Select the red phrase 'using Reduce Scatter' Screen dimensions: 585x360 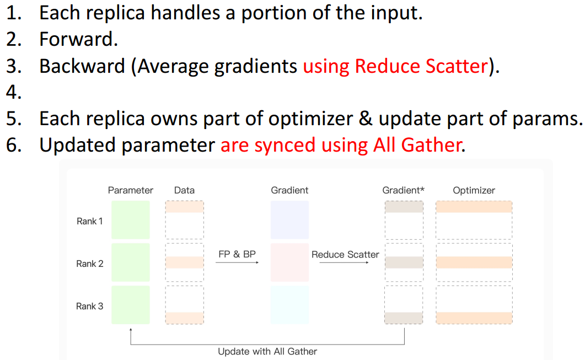pos(395,66)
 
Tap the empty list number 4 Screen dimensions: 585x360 pos(14,92)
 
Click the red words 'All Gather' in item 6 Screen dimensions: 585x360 pos(417,145)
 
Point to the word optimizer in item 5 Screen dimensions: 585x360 pos(310,119)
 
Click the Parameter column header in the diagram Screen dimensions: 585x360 pos(131,190)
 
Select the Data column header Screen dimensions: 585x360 pos(184,190)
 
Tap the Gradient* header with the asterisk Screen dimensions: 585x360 pos(403,190)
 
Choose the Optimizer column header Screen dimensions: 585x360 pos(474,190)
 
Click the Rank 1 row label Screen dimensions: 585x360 pos(89,221)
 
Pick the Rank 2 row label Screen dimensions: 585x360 pos(89,264)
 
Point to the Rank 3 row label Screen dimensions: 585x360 pos(89,307)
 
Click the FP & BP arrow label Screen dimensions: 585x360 pos(237,254)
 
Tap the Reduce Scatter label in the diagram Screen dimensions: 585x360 pos(345,254)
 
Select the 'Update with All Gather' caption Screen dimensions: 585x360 pos(267,351)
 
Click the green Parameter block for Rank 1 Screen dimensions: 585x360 pos(131,220)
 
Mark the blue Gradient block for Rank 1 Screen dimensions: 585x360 pos(289,220)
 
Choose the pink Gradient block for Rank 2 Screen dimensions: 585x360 pos(289,262)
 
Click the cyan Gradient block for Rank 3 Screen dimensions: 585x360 pos(289,305)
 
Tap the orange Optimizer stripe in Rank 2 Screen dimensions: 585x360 pos(474,262)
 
